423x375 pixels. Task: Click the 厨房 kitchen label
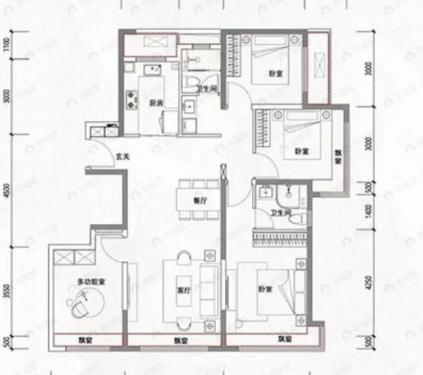(x=155, y=103)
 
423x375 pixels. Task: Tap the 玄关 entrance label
(x=124, y=156)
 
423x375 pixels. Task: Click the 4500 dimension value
(x=6, y=193)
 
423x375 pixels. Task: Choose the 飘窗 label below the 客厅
(x=179, y=340)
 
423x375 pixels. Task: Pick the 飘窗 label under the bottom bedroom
(x=286, y=340)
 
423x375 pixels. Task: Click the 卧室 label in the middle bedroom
(x=301, y=152)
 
